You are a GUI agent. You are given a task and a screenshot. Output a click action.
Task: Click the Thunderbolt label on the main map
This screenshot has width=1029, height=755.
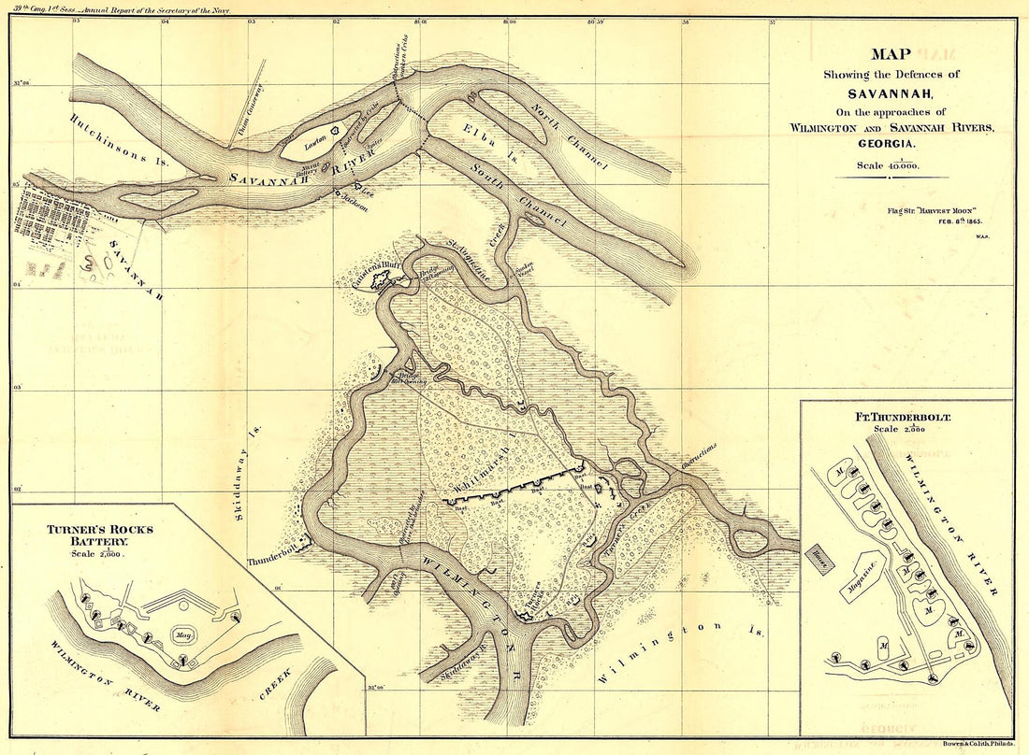(270, 562)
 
